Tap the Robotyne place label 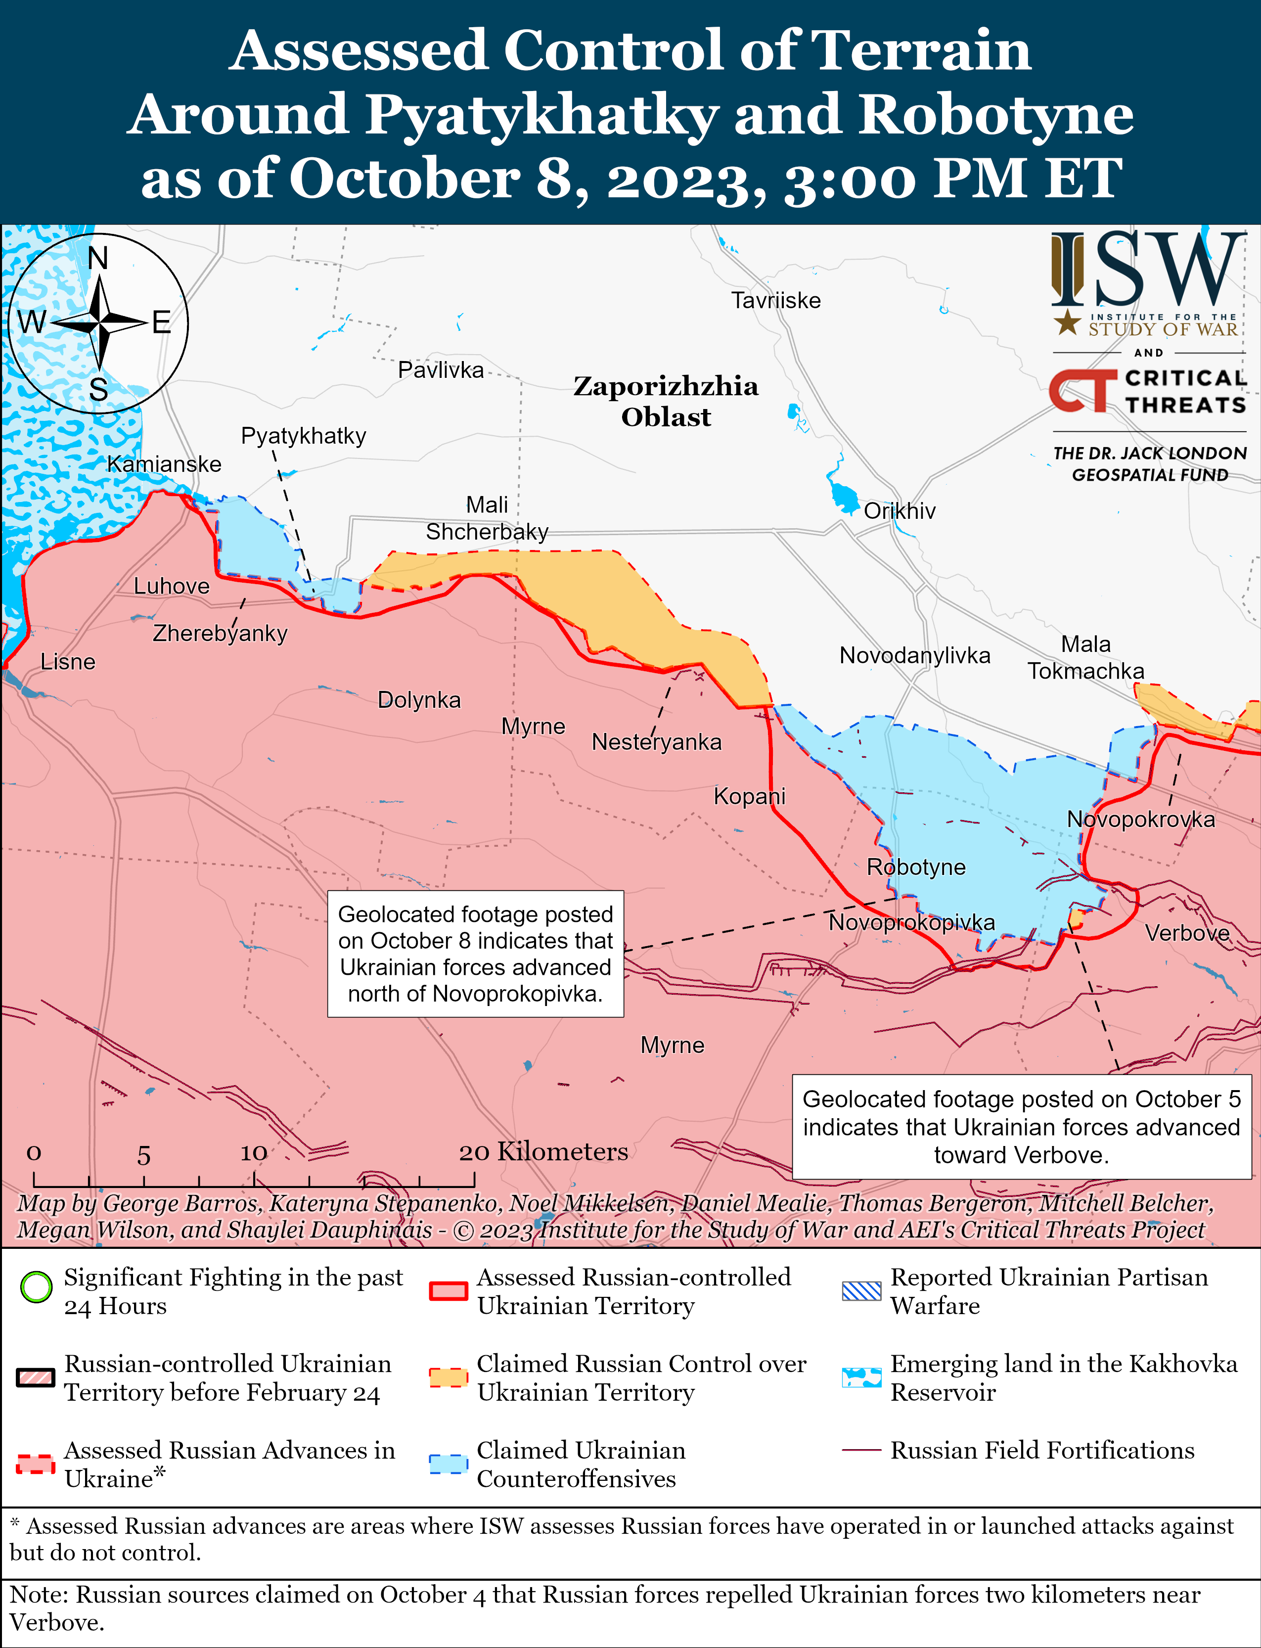coord(916,867)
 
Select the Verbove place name coord(1187,933)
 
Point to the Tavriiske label coord(775,301)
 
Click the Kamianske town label coord(164,464)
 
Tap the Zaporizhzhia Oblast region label coord(666,401)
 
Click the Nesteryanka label coord(656,742)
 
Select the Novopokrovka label coord(1140,819)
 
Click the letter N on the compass coord(97,259)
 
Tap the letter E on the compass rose coord(161,323)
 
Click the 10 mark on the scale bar coord(254,1152)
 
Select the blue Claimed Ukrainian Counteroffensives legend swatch coord(448,1464)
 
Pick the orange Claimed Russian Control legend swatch coord(448,1377)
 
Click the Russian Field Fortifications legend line coord(861,1450)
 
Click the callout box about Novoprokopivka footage coord(475,954)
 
